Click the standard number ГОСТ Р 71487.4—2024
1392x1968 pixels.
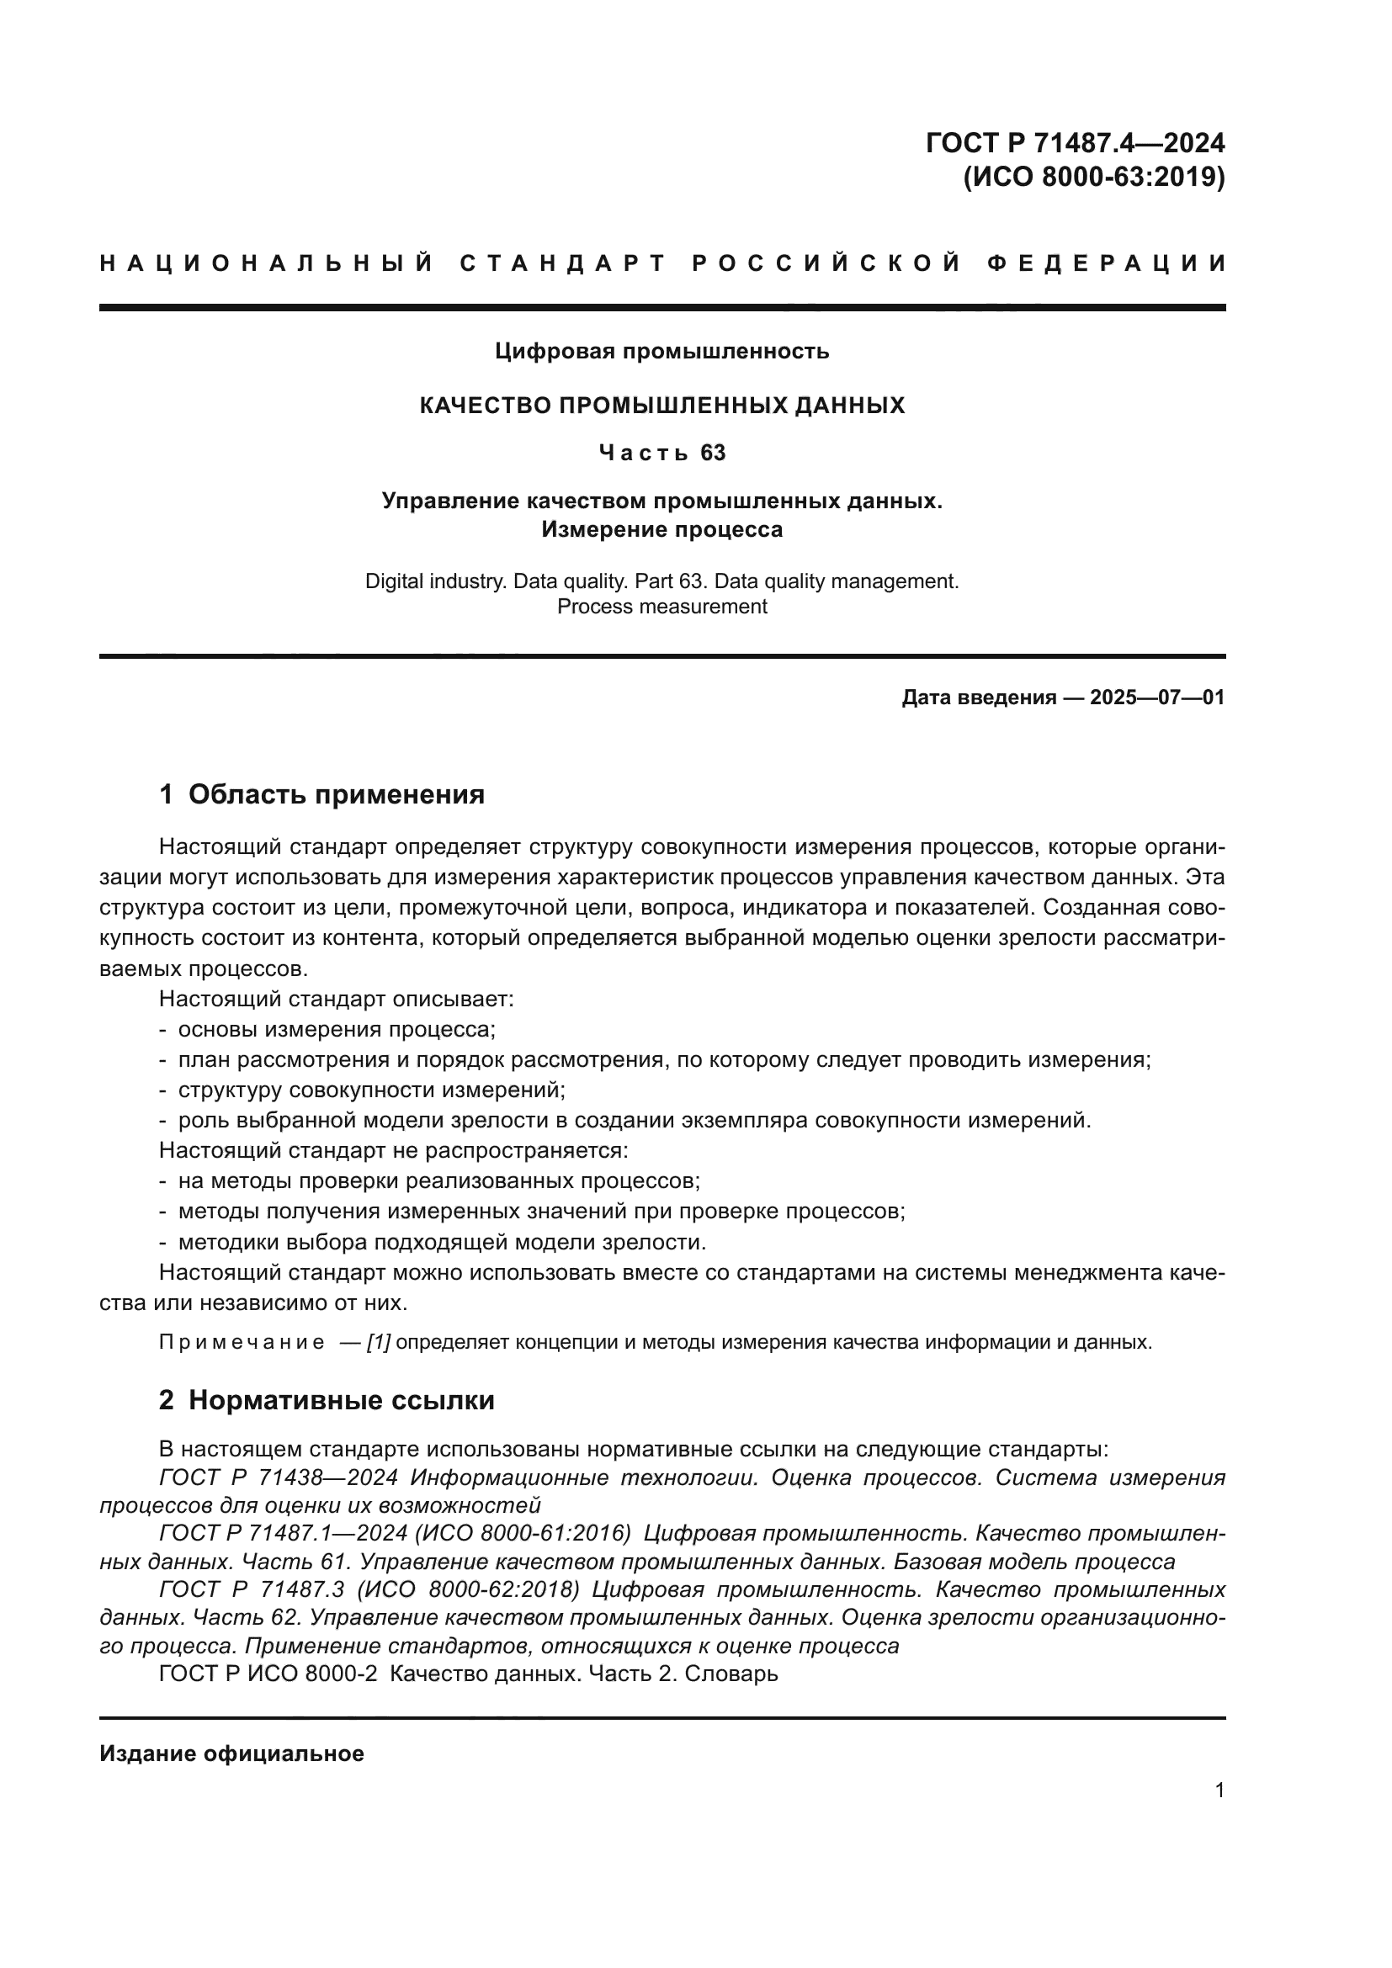pos(1075,142)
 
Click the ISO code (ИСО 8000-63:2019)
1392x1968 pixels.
pos(1094,178)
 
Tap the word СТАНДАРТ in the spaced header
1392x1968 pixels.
pos(562,263)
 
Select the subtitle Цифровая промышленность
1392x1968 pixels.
pos(661,352)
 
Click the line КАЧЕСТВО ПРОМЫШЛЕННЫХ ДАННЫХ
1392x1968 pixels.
pos(661,406)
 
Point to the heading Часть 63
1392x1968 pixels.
pos(661,453)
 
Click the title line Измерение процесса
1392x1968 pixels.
pos(661,530)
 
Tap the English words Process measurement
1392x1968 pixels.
pos(661,607)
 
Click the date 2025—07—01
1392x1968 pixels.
pos(1156,698)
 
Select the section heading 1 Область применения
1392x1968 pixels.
pos(322,794)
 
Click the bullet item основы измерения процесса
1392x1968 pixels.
pos(336,1029)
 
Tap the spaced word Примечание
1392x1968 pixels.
pos(242,1342)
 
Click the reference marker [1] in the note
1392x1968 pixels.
pos(378,1342)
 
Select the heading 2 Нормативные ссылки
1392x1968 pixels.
pos(327,1401)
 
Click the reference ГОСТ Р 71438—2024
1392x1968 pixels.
pos(279,1477)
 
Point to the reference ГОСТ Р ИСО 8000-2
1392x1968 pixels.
pos(268,1674)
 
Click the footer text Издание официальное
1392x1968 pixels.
pos(231,1753)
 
